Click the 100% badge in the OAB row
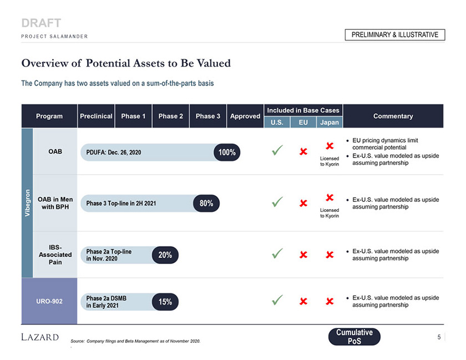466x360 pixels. [227, 153]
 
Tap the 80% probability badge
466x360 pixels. [206, 204]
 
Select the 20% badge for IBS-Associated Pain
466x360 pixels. [165, 255]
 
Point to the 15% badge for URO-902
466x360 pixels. [165, 302]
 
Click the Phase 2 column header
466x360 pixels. [171, 116]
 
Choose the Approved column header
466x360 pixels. [245, 116]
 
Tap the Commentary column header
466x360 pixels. [393, 116]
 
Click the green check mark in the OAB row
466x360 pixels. [278, 150]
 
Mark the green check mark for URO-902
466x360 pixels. [278, 300]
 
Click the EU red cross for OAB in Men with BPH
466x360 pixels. [303, 203]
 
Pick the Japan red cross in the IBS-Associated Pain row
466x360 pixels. [330, 255]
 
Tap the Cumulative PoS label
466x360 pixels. [354, 337]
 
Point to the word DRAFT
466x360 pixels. [41, 23]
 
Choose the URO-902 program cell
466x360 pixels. [49, 302]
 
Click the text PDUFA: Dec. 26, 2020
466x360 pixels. [114, 153]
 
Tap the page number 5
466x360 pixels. [439, 336]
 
